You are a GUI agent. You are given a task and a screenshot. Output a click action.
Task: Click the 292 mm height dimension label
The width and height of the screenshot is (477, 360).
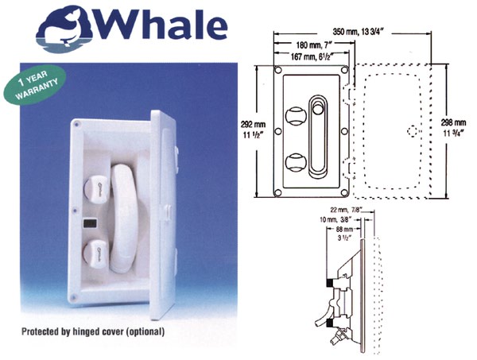tap(251, 129)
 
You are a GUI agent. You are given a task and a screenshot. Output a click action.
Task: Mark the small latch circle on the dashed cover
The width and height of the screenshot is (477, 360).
tap(409, 131)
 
